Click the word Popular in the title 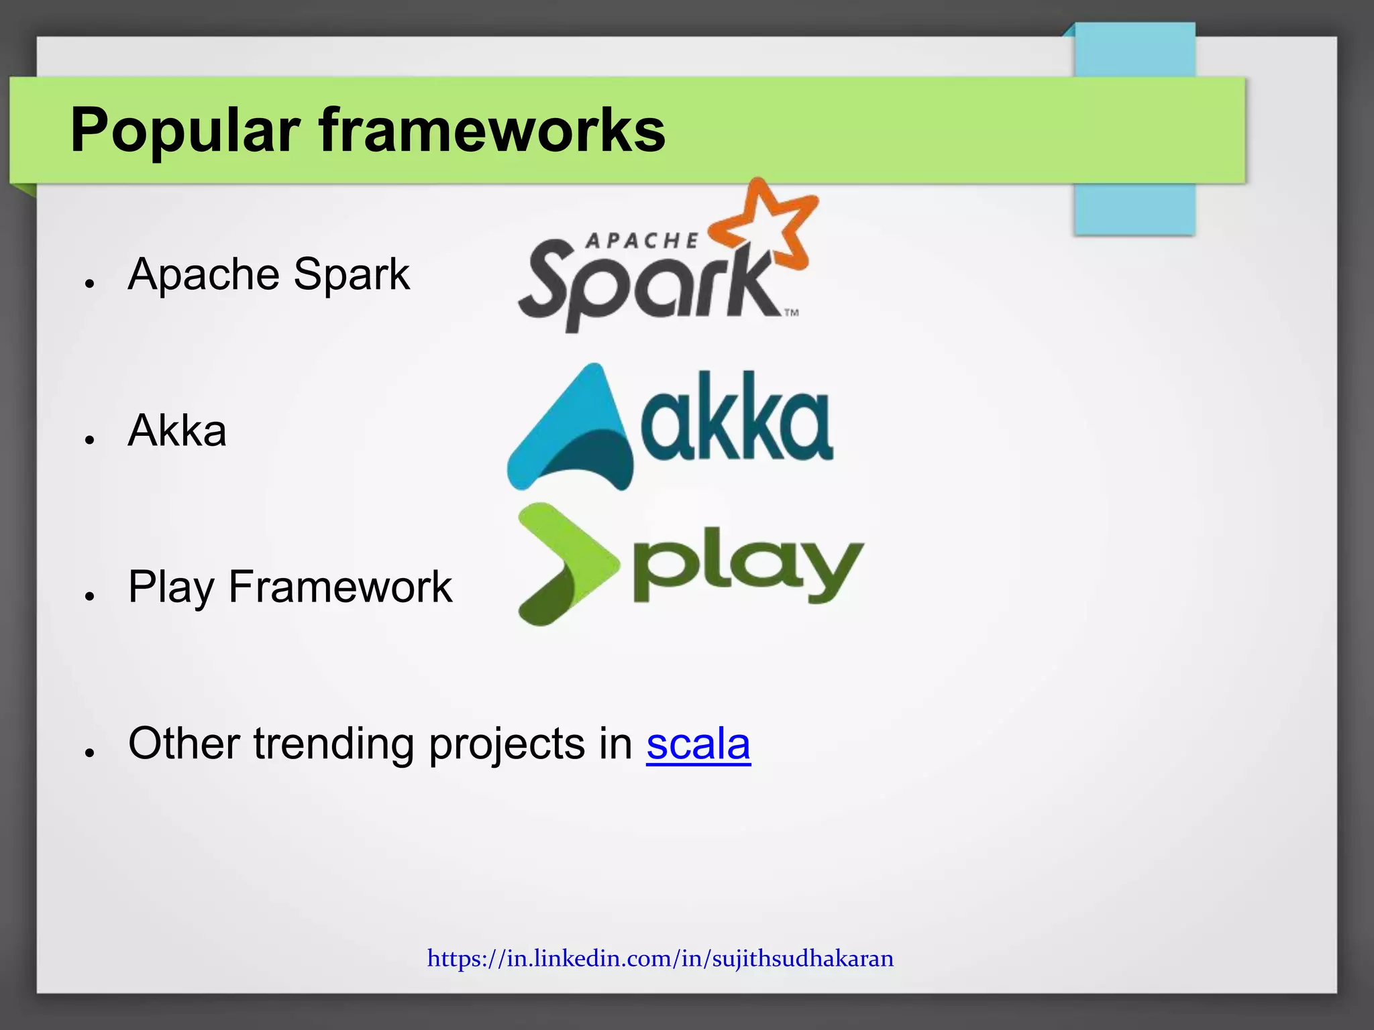coord(184,131)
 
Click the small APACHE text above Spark coord(641,240)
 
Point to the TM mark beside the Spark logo coord(792,312)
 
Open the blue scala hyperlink coord(698,744)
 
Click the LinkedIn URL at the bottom coord(660,958)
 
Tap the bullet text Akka coord(177,431)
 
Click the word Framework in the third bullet coord(340,587)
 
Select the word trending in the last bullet coord(333,744)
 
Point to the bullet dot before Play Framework coord(89,595)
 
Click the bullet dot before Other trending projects coord(89,752)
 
